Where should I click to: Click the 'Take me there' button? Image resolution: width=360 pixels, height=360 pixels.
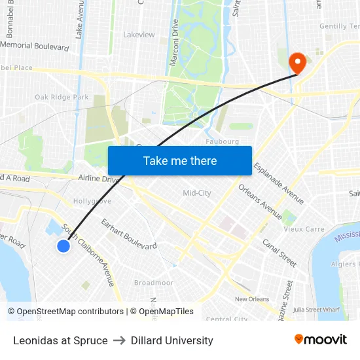tap(180, 161)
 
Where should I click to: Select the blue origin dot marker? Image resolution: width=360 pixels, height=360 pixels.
tap(63, 246)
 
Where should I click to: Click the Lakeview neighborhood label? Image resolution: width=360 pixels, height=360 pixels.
tap(139, 34)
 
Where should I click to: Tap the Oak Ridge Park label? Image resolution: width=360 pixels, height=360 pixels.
tap(62, 98)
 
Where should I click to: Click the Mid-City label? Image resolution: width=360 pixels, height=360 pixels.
tap(196, 192)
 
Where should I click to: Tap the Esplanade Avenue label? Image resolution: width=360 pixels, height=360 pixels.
tap(278, 183)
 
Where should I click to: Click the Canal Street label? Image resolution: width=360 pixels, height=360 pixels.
tap(279, 253)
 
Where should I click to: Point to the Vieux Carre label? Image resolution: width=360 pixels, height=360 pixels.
tap(304, 229)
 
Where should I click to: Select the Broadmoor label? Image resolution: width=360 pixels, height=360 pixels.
tap(153, 283)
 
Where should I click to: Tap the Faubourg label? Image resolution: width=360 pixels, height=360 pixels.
tap(222, 141)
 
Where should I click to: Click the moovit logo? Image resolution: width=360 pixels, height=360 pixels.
tap(321, 340)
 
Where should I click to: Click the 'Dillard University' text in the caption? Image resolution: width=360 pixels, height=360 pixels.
tap(172, 340)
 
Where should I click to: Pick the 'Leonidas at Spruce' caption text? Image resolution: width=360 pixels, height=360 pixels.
tap(60, 340)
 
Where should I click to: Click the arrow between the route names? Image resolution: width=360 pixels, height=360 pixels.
tap(119, 340)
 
